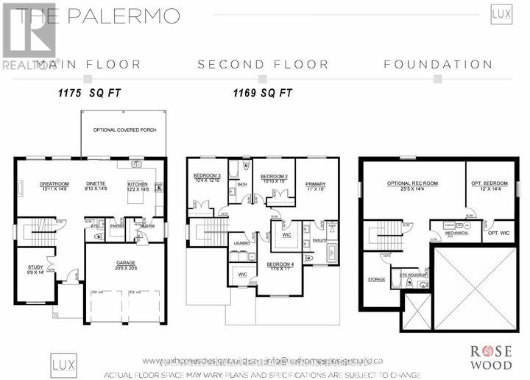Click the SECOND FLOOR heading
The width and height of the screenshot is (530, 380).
(262, 65)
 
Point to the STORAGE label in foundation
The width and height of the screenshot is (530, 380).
(377, 279)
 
